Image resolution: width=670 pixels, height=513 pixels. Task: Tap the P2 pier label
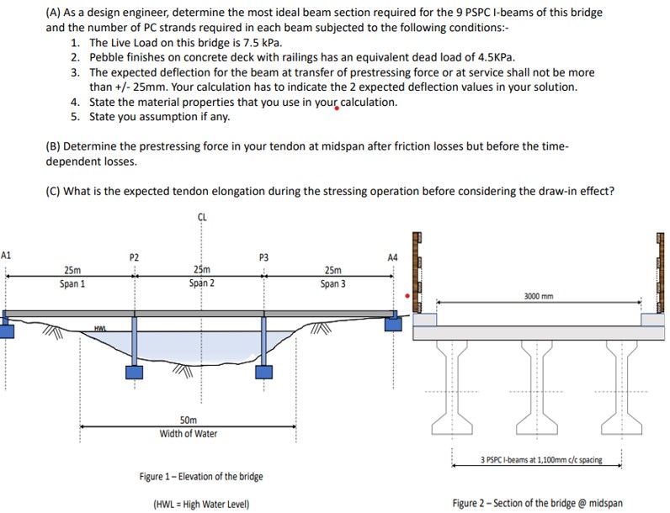[x=134, y=256]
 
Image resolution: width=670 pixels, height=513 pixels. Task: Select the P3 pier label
[x=263, y=256]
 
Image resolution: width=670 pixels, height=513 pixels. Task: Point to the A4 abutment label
[x=392, y=256]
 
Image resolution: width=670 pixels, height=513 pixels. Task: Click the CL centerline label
[x=202, y=217]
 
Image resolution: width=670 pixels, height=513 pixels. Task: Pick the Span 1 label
[x=72, y=283]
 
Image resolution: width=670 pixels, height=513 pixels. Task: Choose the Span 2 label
[x=201, y=283]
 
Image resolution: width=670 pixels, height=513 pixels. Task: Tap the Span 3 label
[x=332, y=283]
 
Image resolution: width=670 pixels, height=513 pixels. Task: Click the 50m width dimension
[x=189, y=420]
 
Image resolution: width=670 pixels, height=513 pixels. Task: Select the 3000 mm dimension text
[x=540, y=296]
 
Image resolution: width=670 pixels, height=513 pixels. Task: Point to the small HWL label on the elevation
[x=100, y=327]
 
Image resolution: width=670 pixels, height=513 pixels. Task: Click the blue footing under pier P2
[x=135, y=372]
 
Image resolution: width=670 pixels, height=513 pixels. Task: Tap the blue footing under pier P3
[x=264, y=372]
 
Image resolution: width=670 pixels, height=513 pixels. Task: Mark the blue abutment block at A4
[x=393, y=323]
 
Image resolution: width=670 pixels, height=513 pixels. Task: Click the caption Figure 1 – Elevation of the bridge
[x=201, y=477]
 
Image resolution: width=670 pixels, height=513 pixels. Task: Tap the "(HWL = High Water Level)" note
[x=201, y=504]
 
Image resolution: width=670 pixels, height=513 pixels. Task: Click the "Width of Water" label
[x=189, y=433]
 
